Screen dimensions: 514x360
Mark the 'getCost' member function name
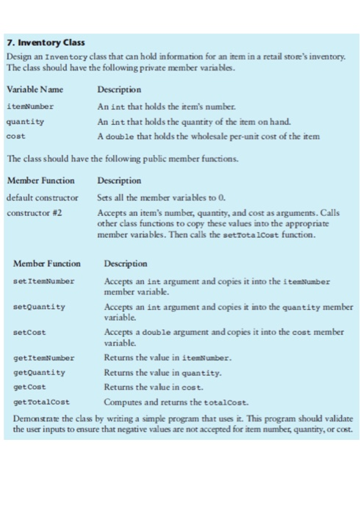coord(32,387)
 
